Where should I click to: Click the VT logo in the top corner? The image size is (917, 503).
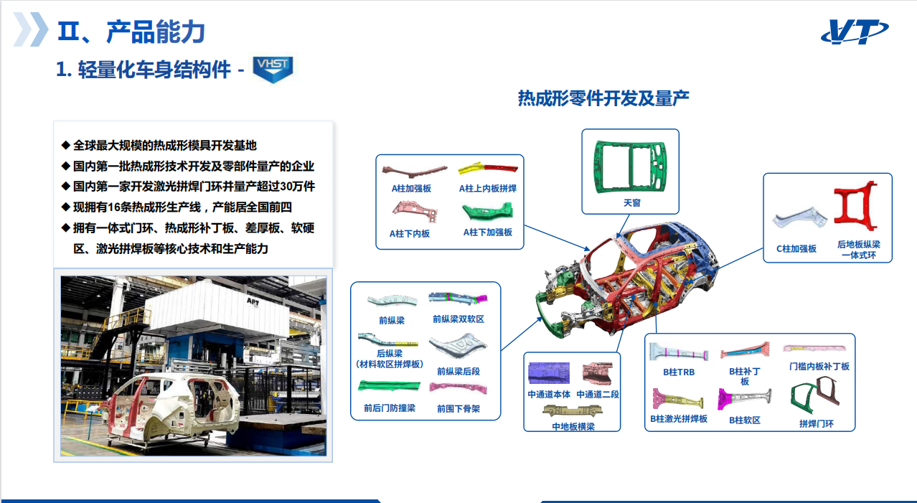[x=855, y=32]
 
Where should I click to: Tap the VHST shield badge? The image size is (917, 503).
[x=273, y=69]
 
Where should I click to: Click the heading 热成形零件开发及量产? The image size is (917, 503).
[x=603, y=98]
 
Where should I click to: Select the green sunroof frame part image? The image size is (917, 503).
[x=631, y=166]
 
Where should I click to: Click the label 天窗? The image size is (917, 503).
[x=631, y=202]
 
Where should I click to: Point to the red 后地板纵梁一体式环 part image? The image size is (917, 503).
[x=855, y=206]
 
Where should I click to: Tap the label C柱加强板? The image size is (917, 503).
[x=796, y=248]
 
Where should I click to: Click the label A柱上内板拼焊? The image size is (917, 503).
[x=488, y=188]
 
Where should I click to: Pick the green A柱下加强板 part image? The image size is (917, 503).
[x=488, y=211]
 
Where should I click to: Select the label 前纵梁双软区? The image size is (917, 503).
[x=458, y=319]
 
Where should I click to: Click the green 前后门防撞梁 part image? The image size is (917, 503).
[x=389, y=386]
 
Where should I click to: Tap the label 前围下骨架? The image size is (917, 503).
[x=458, y=408]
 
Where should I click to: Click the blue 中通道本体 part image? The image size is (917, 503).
[x=549, y=372]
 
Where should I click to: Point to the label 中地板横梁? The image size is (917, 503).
[x=573, y=426]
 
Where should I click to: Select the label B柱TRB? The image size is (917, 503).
[x=679, y=372]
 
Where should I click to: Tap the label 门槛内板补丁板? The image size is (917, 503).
[x=819, y=366]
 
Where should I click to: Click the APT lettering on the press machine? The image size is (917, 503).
[x=253, y=302]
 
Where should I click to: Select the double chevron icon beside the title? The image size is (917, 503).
[x=31, y=29]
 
